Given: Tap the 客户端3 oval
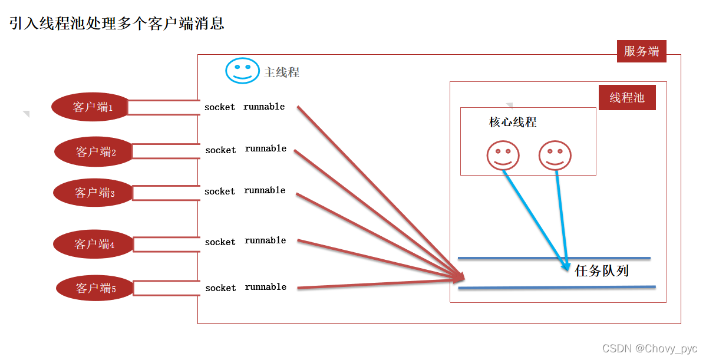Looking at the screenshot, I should [x=94, y=193].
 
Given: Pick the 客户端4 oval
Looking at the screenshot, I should [x=94, y=244].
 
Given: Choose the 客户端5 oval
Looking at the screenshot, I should [x=95, y=288].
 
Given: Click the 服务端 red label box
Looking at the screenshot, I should [x=641, y=51].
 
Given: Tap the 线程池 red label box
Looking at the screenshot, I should [x=627, y=98].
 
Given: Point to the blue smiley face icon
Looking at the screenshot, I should [x=242, y=71].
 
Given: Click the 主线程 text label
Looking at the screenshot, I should [x=282, y=72].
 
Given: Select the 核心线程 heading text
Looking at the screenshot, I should [x=513, y=122].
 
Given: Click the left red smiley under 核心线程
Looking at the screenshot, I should [x=503, y=155].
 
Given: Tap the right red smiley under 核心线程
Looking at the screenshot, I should [x=555, y=155].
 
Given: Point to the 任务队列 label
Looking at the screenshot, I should [x=602, y=271].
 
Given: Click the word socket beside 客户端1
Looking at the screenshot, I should [x=220, y=107].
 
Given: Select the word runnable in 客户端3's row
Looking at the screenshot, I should [x=265, y=190].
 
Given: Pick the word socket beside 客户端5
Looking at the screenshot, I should [x=220, y=288].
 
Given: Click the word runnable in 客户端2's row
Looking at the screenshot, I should [x=266, y=148].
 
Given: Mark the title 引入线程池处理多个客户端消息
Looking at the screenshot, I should [x=117, y=24].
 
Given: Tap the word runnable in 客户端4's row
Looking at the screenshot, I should [x=265, y=240].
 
